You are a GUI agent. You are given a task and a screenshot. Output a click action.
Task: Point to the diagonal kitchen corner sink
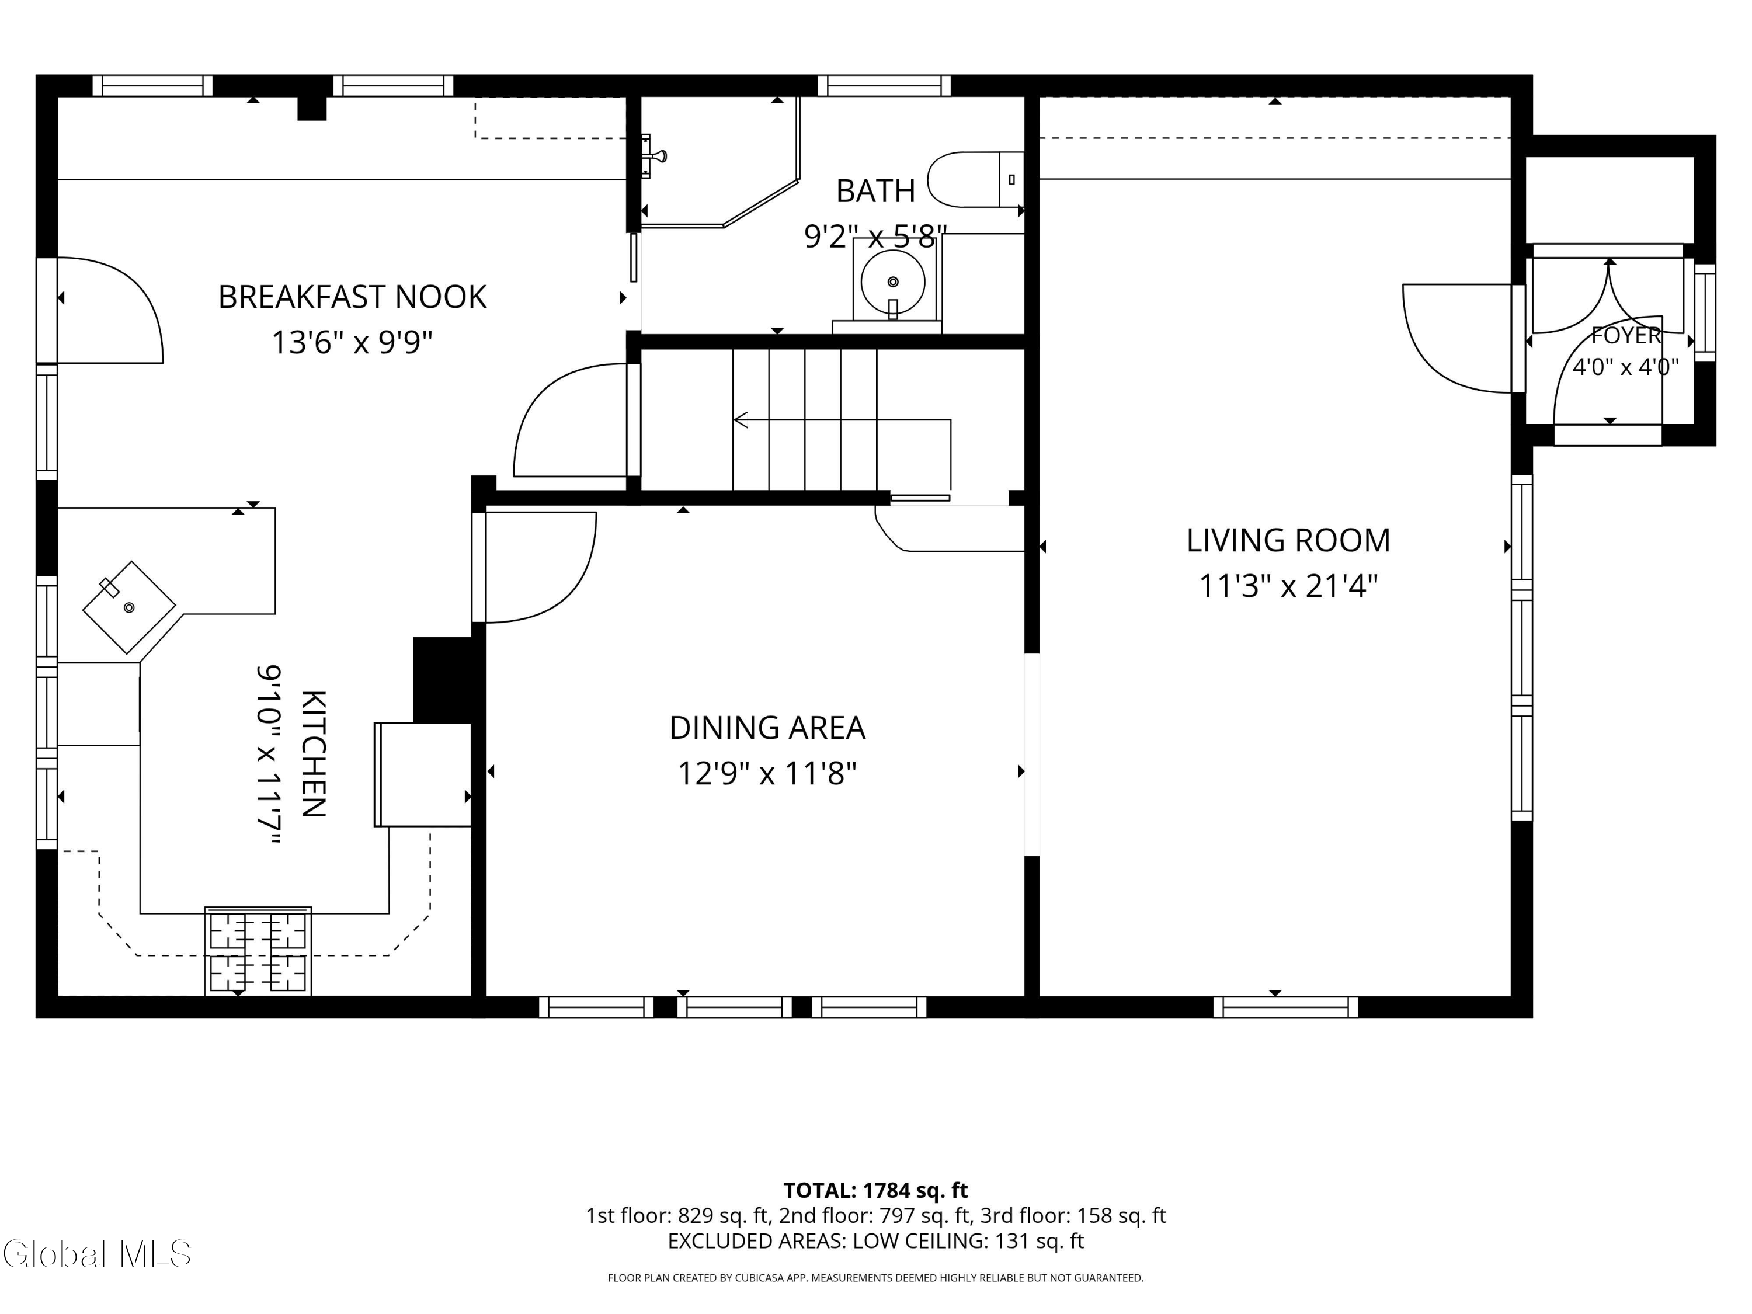click(x=129, y=607)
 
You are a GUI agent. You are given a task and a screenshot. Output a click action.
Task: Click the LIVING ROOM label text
click(x=1288, y=540)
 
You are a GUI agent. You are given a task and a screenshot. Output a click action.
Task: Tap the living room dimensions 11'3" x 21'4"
click(x=1288, y=587)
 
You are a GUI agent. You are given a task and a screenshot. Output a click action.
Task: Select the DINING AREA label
click(x=767, y=728)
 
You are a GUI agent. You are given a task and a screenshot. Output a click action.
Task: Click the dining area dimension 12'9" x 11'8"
click(x=767, y=773)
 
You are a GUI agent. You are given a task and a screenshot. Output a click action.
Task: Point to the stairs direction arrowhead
click(x=741, y=420)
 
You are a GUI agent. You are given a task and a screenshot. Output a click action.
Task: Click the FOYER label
click(x=1626, y=336)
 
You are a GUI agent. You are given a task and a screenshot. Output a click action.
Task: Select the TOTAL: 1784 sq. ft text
click(x=875, y=1190)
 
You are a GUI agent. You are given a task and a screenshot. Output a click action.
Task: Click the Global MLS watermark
click(x=96, y=1254)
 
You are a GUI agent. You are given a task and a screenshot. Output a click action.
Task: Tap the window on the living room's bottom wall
click(x=1285, y=1007)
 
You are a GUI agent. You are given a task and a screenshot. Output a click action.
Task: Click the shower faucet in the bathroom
click(x=654, y=156)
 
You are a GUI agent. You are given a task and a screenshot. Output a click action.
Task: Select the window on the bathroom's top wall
click(x=884, y=85)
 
